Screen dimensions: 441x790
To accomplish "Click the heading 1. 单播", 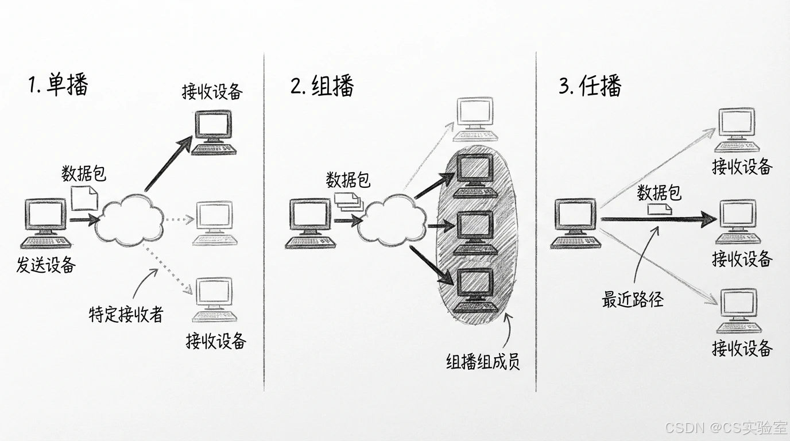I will click(x=59, y=86).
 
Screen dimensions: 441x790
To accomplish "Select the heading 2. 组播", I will click(x=322, y=86).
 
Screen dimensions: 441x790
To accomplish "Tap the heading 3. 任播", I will click(x=590, y=86).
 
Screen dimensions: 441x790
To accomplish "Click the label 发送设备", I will click(x=46, y=265).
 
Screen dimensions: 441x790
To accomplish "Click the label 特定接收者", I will click(x=126, y=314).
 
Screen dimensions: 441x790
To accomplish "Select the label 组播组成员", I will click(x=483, y=361).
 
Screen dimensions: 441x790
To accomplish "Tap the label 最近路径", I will click(x=632, y=299).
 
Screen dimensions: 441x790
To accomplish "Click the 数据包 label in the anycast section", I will click(x=659, y=193).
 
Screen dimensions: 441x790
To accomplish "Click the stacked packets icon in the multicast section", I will click(x=348, y=200).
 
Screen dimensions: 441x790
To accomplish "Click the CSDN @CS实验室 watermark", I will click(x=725, y=428).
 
